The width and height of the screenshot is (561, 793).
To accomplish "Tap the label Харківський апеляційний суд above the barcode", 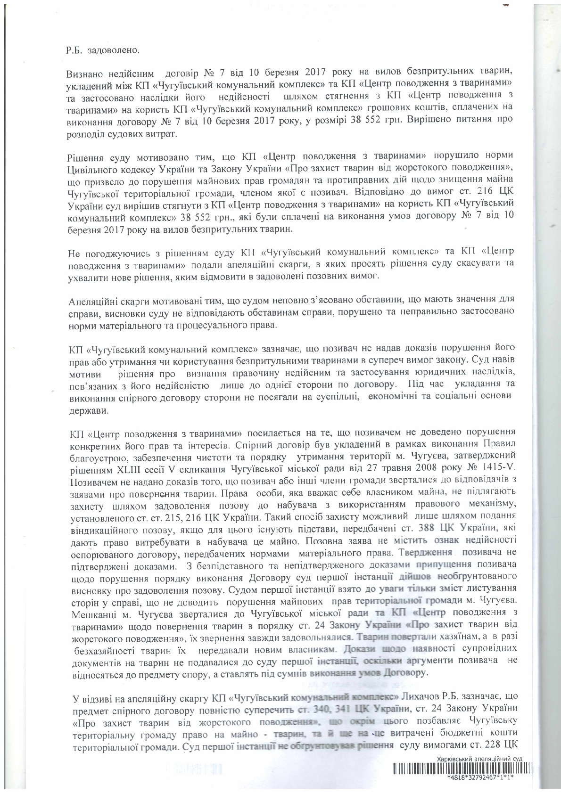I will coord(479,759).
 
